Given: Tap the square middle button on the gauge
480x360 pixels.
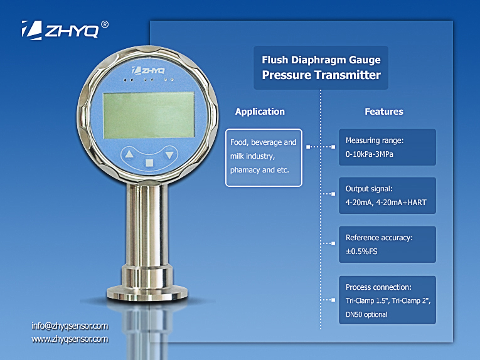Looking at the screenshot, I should pyautogui.click(x=149, y=163).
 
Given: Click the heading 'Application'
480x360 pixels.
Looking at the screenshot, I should pyautogui.click(x=260, y=112).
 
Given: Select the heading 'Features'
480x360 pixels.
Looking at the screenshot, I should pyautogui.click(x=384, y=112).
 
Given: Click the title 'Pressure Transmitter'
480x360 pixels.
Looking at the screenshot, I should pyautogui.click(x=321, y=75).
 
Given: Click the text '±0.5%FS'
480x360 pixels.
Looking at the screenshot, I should pyautogui.click(x=361, y=251).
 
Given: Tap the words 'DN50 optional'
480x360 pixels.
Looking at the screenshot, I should pyautogui.click(x=366, y=314).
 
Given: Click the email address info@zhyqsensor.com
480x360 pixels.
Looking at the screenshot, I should pyautogui.click(x=70, y=326).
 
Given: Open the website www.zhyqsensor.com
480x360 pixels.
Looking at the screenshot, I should pyautogui.click(x=70, y=339).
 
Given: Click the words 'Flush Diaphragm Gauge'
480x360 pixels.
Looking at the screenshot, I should pyautogui.click(x=321, y=60).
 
